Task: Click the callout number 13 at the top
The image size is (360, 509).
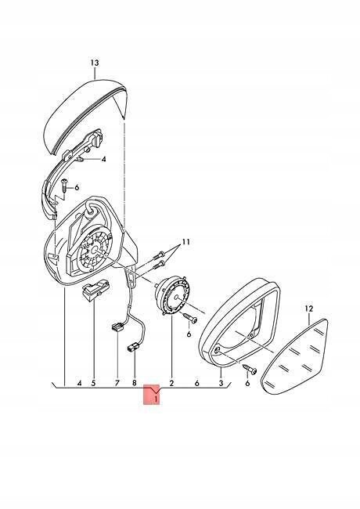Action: click(x=95, y=63)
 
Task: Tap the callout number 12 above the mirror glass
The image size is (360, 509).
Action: click(x=309, y=309)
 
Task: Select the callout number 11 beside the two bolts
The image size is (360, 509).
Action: click(x=185, y=242)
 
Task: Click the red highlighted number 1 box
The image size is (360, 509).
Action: click(x=152, y=395)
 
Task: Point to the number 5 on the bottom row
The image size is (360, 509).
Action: click(x=93, y=384)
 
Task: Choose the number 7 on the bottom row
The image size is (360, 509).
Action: click(x=117, y=384)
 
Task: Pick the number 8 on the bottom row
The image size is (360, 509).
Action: click(x=135, y=384)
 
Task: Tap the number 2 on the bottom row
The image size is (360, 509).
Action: click(x=171, y=384)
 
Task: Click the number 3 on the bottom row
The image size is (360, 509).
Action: click(x=221, y=384)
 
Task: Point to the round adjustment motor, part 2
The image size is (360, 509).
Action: click(x=172, y=294)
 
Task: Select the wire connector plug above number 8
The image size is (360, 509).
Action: click(x=133, y=349)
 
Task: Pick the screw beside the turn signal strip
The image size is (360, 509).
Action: click(x=64, y=186)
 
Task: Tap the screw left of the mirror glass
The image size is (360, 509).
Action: click(x=250, y=368)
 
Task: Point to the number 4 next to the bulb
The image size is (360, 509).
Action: click(x=104, y=160)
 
